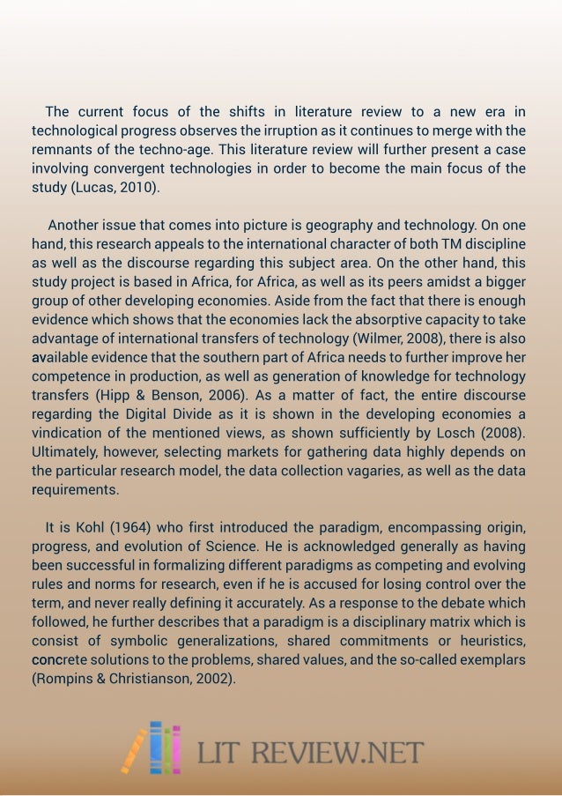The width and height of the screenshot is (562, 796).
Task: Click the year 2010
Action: (137, 187)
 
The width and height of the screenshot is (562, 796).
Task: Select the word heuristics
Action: (489, 640)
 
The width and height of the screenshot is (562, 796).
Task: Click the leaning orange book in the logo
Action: (135, 748)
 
